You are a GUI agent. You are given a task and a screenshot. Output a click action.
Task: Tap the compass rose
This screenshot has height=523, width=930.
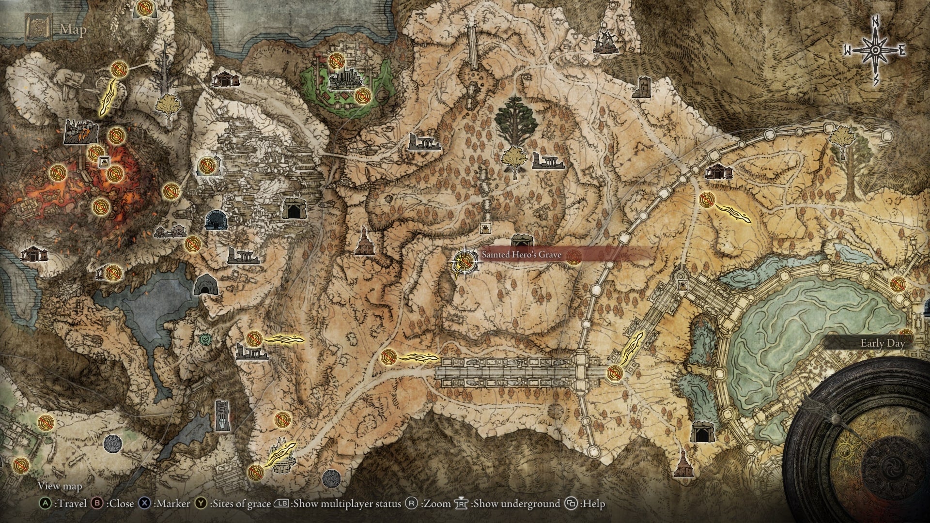coord(875,50)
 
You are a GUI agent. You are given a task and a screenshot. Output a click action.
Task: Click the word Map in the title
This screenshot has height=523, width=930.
coord(73,30)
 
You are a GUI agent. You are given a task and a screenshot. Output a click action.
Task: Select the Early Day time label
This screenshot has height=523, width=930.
coord(883,343)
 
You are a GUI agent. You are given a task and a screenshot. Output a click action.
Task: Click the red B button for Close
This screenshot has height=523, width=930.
coord(97,504)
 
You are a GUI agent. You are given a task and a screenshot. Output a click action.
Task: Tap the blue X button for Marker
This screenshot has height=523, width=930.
coord(144,504)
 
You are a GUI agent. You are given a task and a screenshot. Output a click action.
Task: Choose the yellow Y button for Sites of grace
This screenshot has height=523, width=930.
coord(201,504)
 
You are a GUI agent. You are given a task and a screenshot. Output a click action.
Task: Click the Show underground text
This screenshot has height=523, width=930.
coord(516,504)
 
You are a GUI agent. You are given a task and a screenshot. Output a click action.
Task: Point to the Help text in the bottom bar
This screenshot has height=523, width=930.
coord(594,504)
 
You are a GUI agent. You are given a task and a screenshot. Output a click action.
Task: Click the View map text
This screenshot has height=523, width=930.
coord(60,486)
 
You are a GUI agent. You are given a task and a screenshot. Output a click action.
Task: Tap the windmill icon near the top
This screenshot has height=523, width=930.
coord(604,42)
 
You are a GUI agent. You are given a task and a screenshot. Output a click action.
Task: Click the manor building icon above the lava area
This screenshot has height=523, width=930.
coord(81,131)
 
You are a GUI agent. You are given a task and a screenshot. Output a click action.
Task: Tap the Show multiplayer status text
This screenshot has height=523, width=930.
coord(347,504)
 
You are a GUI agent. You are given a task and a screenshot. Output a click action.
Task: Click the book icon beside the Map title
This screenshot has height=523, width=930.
coord(39,28)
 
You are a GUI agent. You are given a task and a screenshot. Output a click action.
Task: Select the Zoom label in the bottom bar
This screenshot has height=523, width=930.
coord(437,504)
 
